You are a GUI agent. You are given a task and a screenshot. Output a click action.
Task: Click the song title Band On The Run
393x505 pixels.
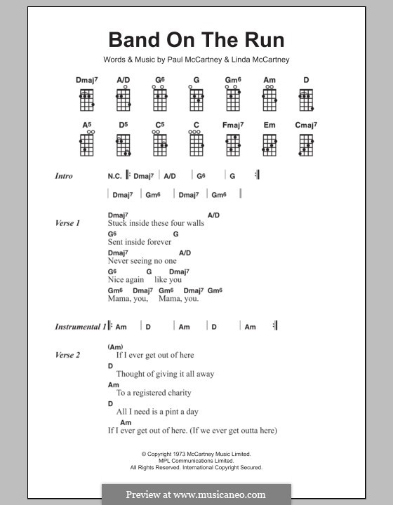click(196, 40)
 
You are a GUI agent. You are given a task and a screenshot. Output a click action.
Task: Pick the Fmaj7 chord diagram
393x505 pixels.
click(232, 144)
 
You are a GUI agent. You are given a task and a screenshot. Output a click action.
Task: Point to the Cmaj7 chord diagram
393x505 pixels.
click(306, 144)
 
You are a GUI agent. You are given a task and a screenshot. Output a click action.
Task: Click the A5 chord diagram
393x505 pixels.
click(86, 144)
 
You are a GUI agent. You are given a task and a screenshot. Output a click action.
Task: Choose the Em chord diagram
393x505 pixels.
click(269, 144)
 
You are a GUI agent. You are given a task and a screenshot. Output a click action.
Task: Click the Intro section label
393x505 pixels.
click(64, 176)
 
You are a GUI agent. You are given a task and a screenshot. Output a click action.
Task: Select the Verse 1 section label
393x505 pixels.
click(67, 223)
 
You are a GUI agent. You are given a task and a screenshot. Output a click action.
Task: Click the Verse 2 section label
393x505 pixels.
click(67, 355)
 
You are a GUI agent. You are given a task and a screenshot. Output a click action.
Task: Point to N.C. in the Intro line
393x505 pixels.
click(114, 176)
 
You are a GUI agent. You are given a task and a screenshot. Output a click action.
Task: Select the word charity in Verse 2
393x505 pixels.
click(177, 393)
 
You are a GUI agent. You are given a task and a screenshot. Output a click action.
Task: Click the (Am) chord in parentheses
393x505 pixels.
click(116, 346)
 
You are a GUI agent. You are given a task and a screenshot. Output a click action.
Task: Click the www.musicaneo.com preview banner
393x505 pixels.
click(196, 494)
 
